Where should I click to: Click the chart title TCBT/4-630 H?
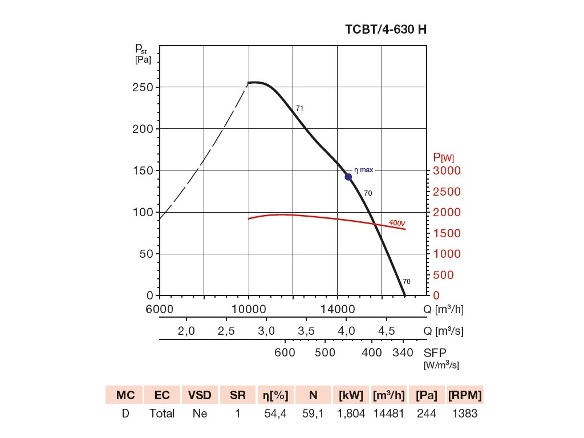(386, 30)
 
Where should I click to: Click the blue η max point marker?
(348, 177)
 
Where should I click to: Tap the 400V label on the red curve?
(397, 222)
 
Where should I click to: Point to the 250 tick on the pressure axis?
(142, 87)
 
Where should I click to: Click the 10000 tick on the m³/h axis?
(249, 310)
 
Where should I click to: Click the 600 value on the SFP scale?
(285, 352)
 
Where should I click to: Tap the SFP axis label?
(433, 352)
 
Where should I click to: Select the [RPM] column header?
(465, 395)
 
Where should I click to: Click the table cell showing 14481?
(389, 414)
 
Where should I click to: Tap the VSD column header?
(200, 395)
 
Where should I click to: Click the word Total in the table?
(162, 414)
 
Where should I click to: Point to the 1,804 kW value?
(351, 414)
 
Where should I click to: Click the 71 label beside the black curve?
(299, 108)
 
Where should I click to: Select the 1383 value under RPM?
(465, 414)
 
